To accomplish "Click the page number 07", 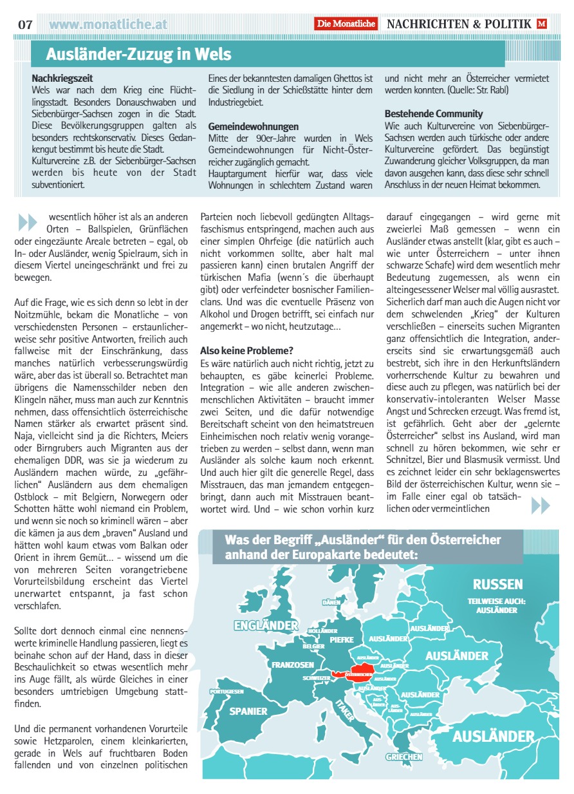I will pos(25,24).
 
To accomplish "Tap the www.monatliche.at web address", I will pos(108,24).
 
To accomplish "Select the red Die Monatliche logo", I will pos(346,24).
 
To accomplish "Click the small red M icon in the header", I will pos(542,24).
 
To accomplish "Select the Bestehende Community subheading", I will pos(434,114).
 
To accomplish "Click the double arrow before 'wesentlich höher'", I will pos(28,222).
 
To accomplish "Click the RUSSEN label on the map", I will pos(497,584).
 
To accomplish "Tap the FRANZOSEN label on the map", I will pos(293,665).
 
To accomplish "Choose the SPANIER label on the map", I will pos(248,711).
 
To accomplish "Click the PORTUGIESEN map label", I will pos(227,691).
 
